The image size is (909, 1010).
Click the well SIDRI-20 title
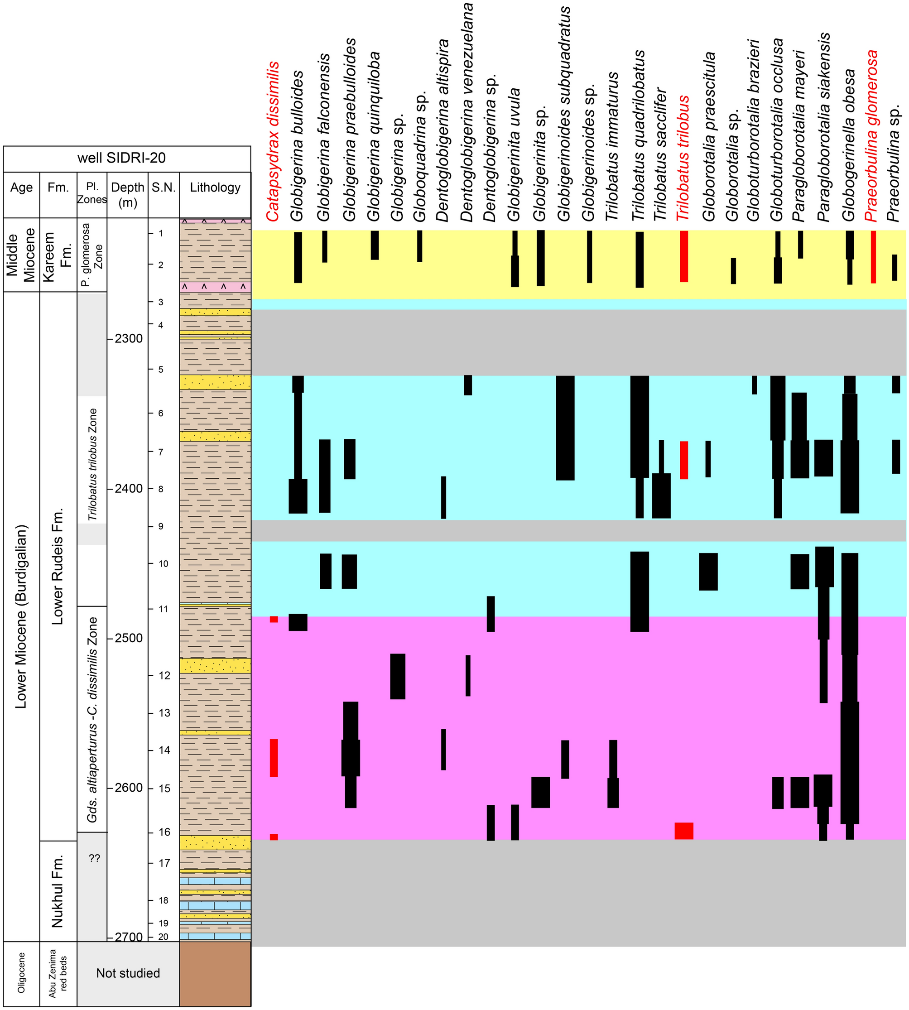128,159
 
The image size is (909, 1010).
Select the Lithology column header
215,188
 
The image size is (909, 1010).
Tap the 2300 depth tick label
128,339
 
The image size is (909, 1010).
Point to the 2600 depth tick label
128,788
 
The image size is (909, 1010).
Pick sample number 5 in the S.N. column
161,370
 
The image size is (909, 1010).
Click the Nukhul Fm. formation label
58,891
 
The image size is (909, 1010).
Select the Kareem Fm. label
58,255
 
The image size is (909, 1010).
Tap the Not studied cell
128,973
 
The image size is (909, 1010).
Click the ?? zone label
94,859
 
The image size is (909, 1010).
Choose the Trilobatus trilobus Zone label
92,465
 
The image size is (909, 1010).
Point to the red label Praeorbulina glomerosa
871,136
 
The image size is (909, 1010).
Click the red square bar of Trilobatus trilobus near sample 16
684,831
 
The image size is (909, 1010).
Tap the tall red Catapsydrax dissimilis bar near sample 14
274,758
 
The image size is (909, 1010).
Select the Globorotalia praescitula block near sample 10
708,572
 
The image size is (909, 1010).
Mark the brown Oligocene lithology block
215,973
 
